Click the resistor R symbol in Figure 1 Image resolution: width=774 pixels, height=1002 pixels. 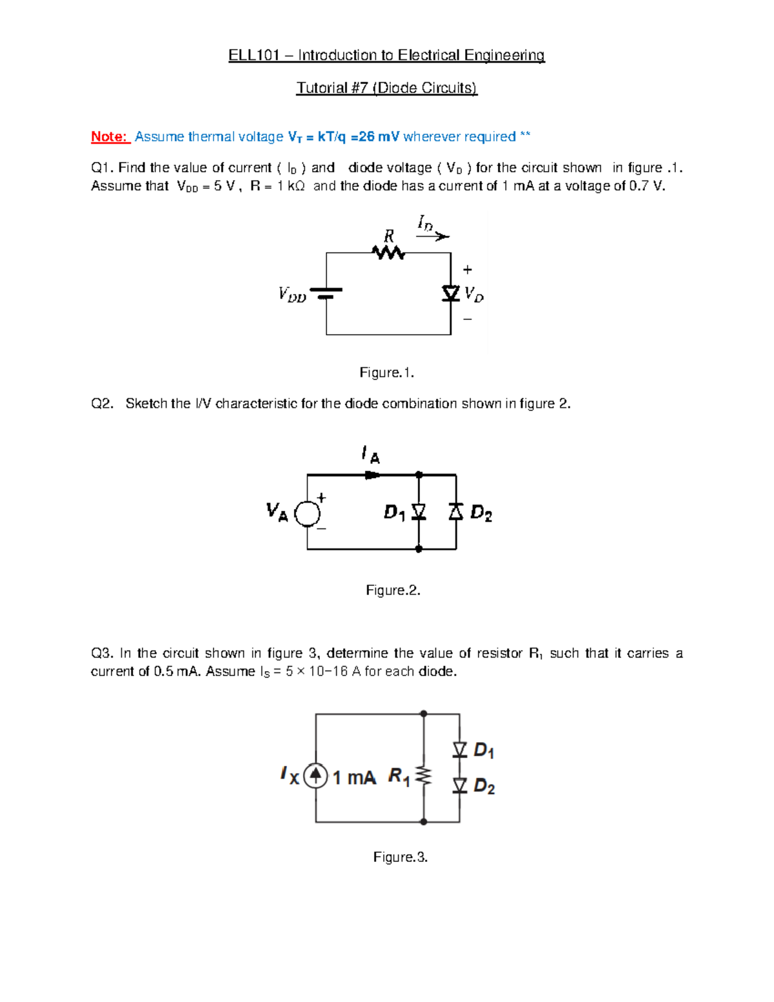[x=388, y=252]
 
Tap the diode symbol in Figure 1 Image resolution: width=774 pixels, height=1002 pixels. [x=451, y=294]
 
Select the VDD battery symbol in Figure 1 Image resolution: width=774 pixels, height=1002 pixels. [x=326, y=294]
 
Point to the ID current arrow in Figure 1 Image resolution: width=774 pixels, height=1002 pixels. [x=433, y=236]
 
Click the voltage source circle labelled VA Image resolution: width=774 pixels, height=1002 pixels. [x=307, y=514]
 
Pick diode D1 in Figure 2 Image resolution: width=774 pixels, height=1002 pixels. [x=419, y=512]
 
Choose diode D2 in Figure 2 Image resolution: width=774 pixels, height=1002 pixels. [x=456, y=512]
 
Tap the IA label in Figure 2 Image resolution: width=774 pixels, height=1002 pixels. [x=371, y=455]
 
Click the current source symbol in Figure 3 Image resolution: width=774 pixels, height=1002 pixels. [x=315, y=775]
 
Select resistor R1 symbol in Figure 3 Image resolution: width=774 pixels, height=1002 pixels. [x=424, y=775]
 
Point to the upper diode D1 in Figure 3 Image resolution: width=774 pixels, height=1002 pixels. [x=460, y=749]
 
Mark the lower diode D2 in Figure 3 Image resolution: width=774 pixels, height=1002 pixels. [x=460, y=785]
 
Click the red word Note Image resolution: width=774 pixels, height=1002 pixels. [x=109, y=137]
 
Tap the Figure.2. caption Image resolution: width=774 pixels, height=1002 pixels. [x=393, y=590]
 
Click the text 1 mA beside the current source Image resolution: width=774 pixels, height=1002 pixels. [x=354, y=777]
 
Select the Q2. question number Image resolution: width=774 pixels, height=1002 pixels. [x=102, y=404]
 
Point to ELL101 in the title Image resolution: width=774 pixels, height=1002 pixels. [x=253, y=55]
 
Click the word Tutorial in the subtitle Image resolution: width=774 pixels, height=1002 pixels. [x=321, y=88]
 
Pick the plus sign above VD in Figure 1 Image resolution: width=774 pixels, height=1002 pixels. [x=468, y=270]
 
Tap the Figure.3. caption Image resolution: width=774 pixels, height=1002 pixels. [x=401, y=857]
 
